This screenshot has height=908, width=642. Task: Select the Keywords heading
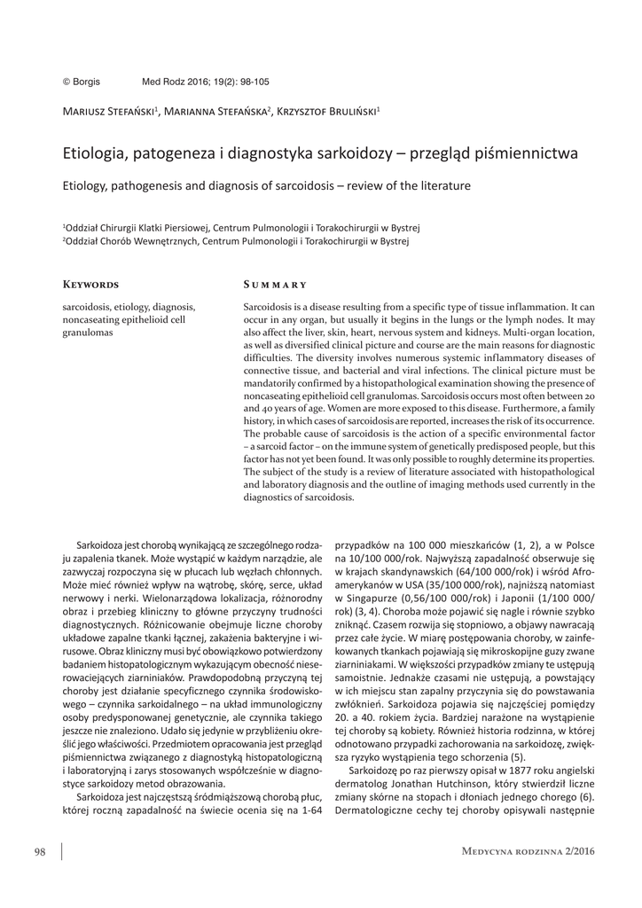(x=90, y=286)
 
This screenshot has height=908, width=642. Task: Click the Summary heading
(x=275, y=286)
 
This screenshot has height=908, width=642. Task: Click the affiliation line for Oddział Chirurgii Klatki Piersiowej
(x=240, y=228)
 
